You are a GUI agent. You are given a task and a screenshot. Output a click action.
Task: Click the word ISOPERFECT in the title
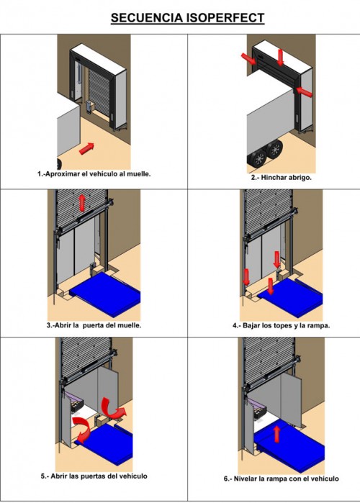tap(224, 18)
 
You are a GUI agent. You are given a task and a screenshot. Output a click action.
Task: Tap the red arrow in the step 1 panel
tap(86, 148)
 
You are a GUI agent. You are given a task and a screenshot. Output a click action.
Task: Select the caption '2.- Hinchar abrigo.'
tap(281, 178)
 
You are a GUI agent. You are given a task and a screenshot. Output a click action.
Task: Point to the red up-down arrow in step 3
tap(83, 203)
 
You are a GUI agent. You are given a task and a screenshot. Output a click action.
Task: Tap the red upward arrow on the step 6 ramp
tap(276, 434)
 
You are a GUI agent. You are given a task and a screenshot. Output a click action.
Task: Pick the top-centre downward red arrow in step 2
tap(281, 58)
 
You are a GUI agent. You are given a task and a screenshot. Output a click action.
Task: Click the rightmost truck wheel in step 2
tap(274, 149)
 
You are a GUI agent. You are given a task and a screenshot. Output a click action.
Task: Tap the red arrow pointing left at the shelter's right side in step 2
tap(304, 91)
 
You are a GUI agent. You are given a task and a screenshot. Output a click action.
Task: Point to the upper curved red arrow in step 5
tap(112, 408)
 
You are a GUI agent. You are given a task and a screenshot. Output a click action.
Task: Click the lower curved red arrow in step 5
tap(83, 430)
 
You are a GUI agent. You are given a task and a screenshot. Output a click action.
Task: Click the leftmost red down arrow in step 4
tap(246, 277)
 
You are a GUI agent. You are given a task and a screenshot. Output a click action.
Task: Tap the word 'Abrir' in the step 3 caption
tap(63, 325)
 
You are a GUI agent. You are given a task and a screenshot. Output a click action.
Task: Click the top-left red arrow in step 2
tap(249, 59)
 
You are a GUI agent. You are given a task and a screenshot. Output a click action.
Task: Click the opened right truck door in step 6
tap(292, 401)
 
